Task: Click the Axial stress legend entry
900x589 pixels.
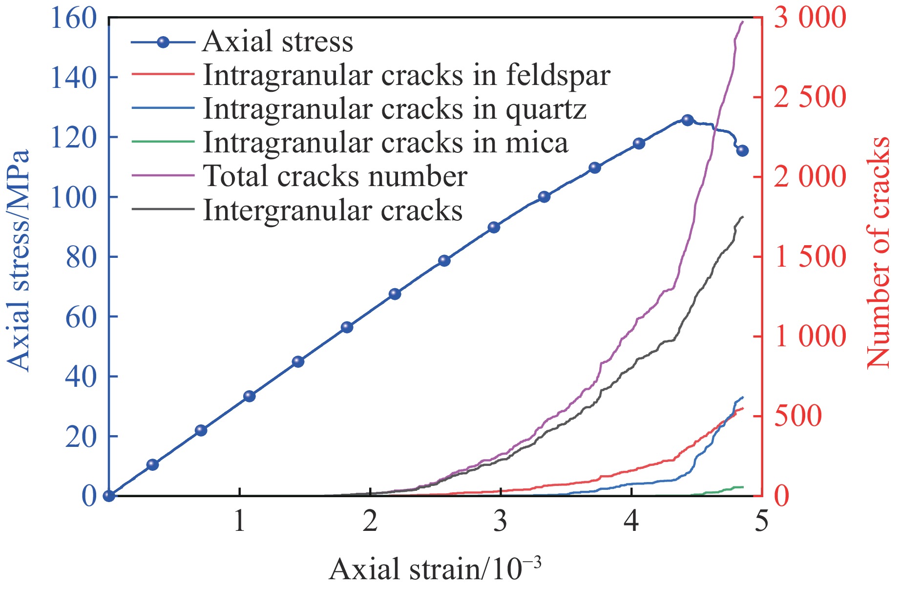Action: (277, 42)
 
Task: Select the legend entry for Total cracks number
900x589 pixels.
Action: (335, 176)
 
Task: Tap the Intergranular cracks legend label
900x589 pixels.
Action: (333, 210)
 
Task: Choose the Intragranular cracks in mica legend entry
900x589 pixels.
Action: (385, 143)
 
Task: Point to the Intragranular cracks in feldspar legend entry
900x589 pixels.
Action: (406, 75)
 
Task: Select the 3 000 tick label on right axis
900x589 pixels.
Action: (809, 18)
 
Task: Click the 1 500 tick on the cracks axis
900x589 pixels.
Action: (809, 257)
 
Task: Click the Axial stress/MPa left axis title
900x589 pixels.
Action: (19, 260)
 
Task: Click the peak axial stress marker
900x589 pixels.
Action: (688, 120)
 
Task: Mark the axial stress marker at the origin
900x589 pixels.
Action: (109, 496)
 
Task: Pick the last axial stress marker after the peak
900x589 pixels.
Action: (742, 151)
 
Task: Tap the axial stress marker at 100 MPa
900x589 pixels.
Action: (544, 197)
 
